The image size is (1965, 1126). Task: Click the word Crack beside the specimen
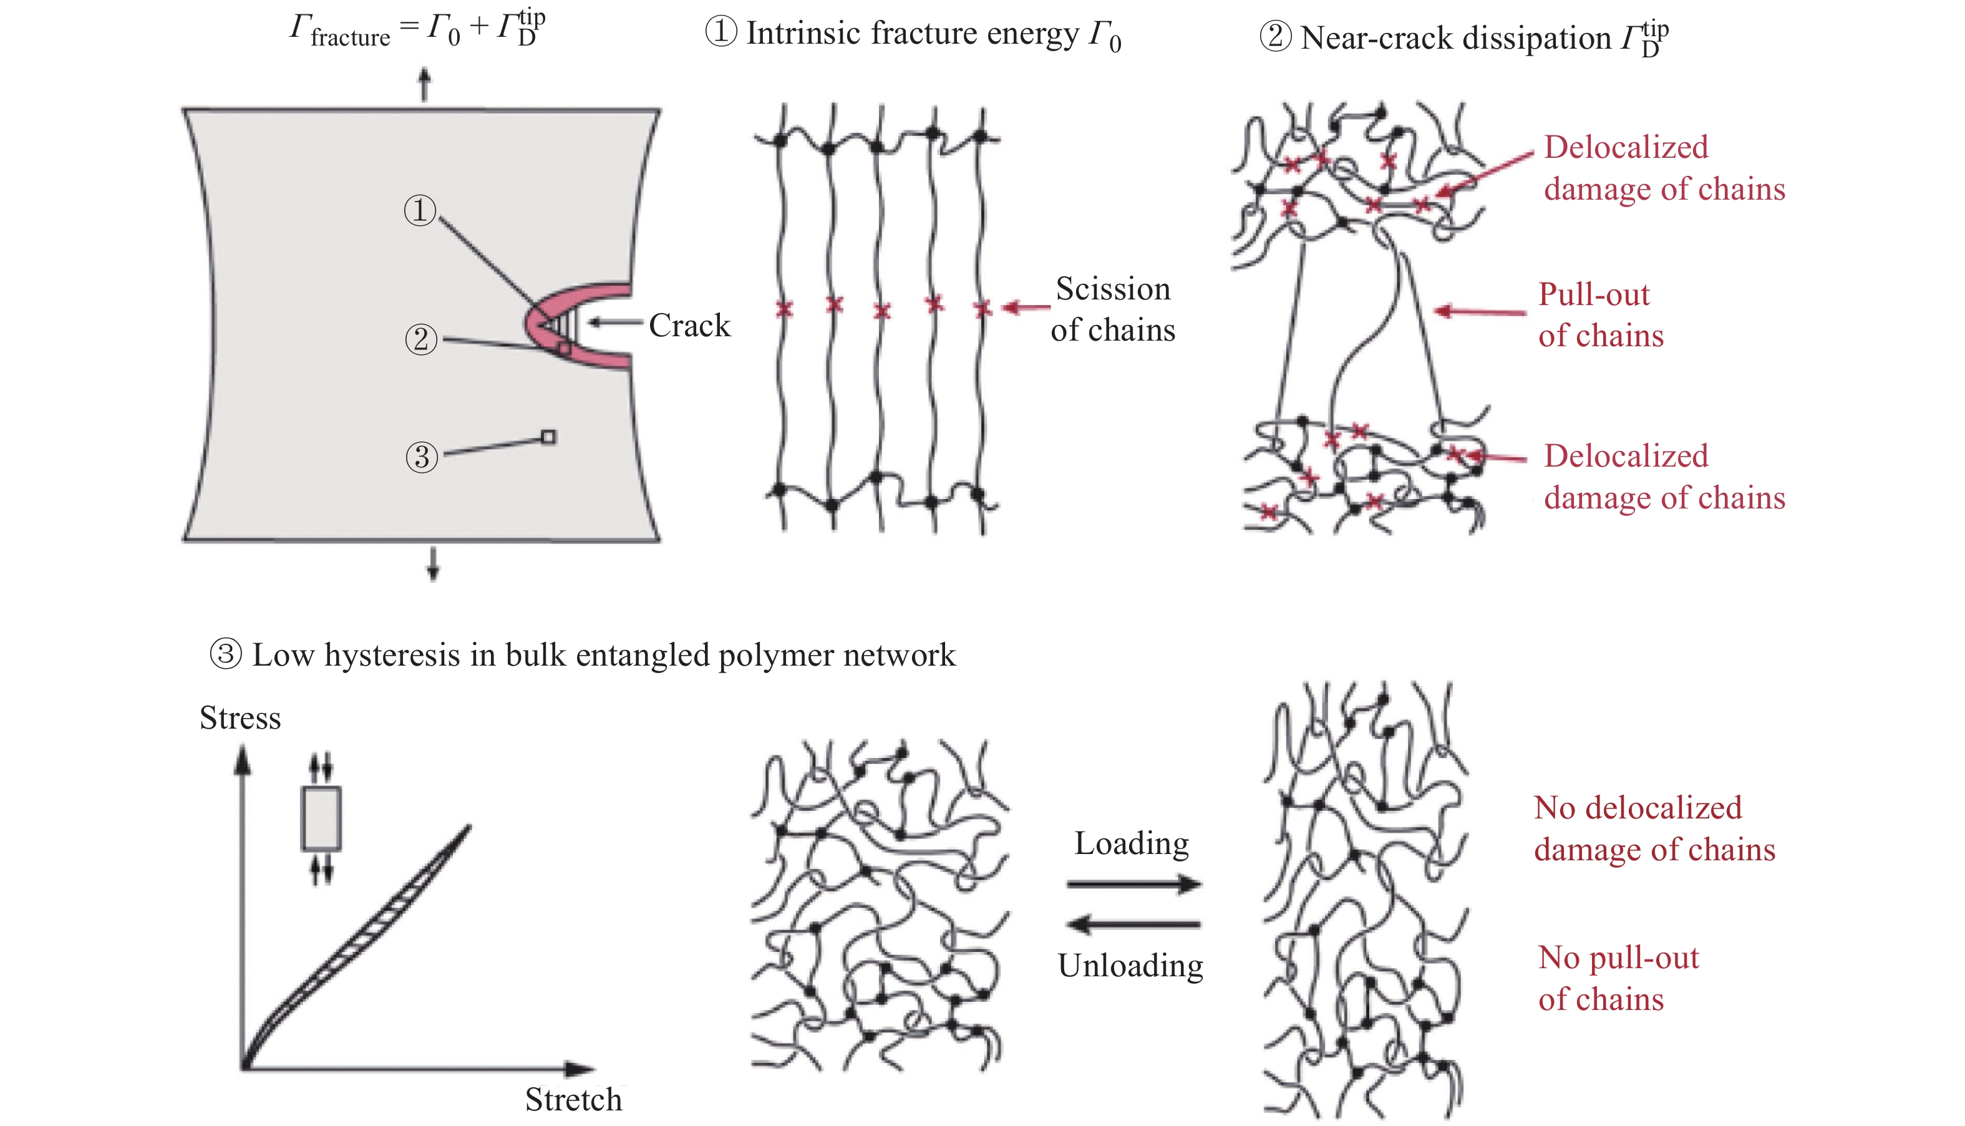(x=689, y=326)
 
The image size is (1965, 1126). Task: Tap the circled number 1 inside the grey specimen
(x=420, y=210)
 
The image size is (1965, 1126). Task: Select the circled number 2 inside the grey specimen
(x=420, y=339)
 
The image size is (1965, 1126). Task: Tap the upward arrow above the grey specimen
(x=424, y=84)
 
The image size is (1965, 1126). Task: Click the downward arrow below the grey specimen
(x=433, y=564)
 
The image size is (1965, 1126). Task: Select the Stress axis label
(x=240, y=717)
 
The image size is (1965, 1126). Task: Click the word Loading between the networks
(x=1132, y=843)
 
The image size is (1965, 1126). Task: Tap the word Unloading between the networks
(x=1130, y=965)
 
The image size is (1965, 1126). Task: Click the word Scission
(x=1113, y=288)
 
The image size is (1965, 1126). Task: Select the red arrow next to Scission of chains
(x=1026, y=308)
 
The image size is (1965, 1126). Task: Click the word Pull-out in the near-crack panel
(x=1593, y=294)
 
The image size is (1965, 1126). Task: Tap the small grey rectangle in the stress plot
(x=321, y=819)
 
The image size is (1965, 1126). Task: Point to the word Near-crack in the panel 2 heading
(x=1377, y=38)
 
